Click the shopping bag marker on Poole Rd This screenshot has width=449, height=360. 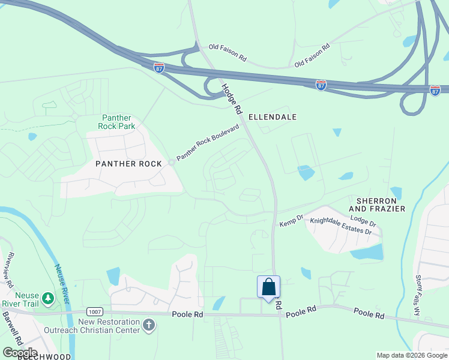pos(269,287)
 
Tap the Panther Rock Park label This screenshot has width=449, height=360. pos(118,122)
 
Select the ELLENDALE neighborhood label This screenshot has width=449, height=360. pos(273,117)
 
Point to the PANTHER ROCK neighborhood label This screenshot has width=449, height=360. pos(129,164)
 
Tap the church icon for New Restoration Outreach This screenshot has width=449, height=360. pos(149,326)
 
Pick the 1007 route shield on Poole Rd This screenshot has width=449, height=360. pos(94,312)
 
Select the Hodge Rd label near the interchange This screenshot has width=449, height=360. pos(231,99)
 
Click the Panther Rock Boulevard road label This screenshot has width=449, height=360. pos(208,143)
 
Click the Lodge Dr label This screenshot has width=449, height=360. pos(363,221)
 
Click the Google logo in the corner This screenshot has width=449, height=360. pos(20,352)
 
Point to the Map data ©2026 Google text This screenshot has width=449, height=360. pos(412,355)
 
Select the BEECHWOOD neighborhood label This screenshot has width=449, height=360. pos(44,356)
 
